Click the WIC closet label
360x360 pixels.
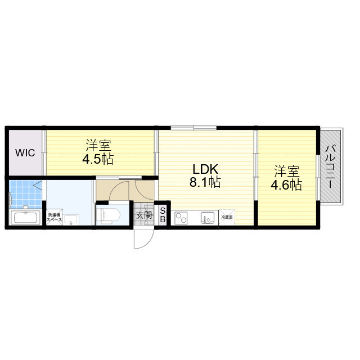(x=25, y=152)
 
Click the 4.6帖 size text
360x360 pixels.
(x=287, y=184)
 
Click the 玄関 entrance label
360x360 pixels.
(x=143, y=215)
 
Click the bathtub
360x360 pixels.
(x=24, y=218)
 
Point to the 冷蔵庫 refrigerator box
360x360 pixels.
(x=227, y=217)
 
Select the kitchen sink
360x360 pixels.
(x=207, y=217)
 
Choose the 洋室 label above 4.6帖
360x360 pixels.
(x=286, y=170)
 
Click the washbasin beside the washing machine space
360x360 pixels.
(x=71, y=218)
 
